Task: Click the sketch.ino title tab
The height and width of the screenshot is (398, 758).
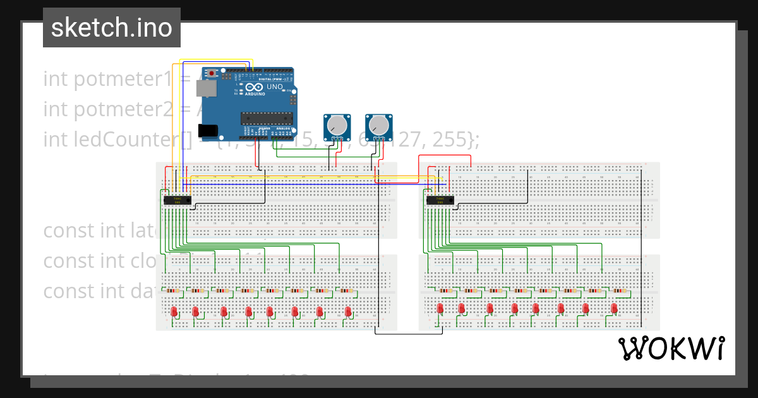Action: [112, 28]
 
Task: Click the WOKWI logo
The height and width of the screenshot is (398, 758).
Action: [671, 348]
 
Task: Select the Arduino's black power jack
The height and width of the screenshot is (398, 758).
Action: [208, 131]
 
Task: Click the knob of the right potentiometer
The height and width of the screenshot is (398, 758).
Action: [379, 124]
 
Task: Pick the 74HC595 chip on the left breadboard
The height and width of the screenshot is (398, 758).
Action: [177, 200]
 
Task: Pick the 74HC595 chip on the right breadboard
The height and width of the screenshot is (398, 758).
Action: [440, 200]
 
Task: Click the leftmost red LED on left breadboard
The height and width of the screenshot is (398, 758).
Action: [174, 311]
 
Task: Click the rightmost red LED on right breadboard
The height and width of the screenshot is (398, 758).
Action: [614, 308]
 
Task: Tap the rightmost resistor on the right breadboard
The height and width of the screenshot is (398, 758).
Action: [621, 291]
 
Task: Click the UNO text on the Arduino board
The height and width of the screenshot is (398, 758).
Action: [275, 87]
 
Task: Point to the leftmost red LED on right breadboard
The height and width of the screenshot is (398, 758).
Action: [440, 308]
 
